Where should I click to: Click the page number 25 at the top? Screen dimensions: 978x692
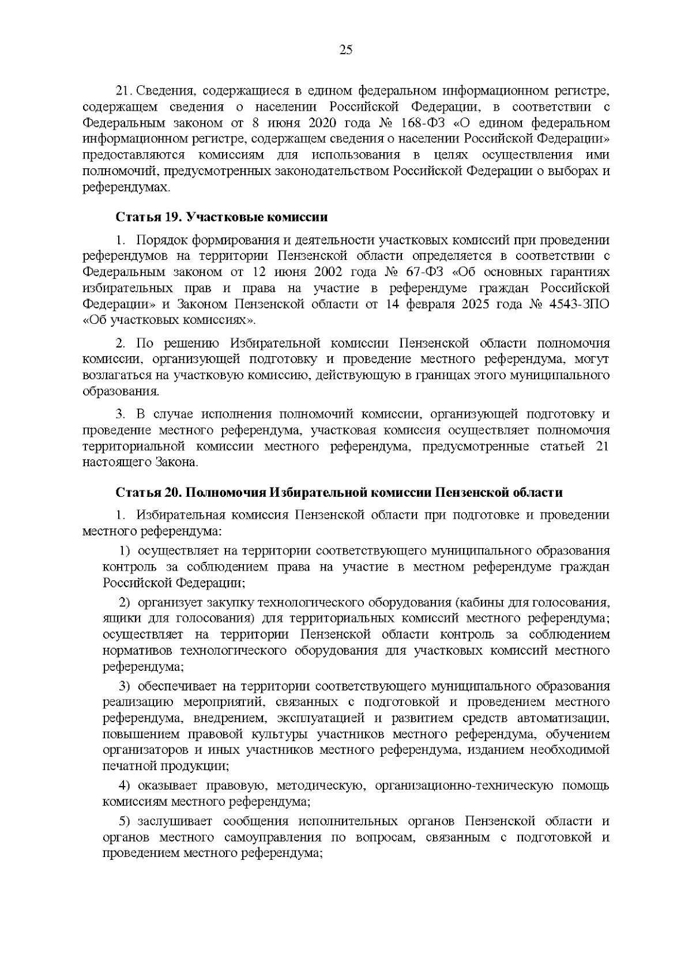[x=346, y=50]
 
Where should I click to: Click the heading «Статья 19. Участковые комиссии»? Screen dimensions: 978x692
[x=221, y=217]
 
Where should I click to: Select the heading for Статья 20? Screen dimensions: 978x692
[x=339, y=492]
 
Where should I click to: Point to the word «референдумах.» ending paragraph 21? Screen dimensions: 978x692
[x=127, y=188]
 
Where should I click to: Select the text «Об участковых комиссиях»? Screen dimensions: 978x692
[x=170, y=320]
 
